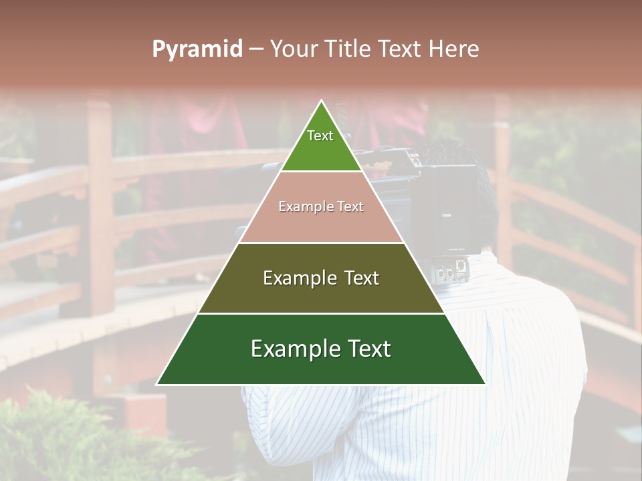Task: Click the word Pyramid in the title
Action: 197,49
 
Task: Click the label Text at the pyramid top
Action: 320,136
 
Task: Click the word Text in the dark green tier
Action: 364,349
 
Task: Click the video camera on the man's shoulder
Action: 428,200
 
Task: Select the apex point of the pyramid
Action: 322,102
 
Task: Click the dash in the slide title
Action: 256,49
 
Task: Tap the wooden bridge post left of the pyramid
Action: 100,200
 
